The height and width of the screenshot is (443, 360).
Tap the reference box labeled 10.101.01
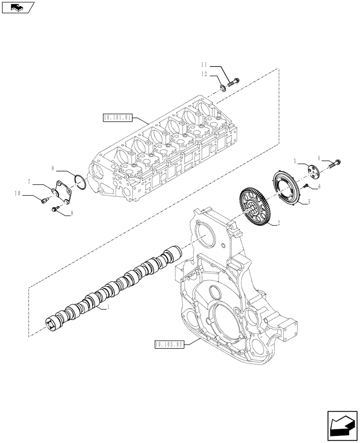(117, 117)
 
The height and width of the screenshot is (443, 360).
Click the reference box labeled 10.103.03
(169, 344)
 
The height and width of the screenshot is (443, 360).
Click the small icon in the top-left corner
(18, 8)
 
